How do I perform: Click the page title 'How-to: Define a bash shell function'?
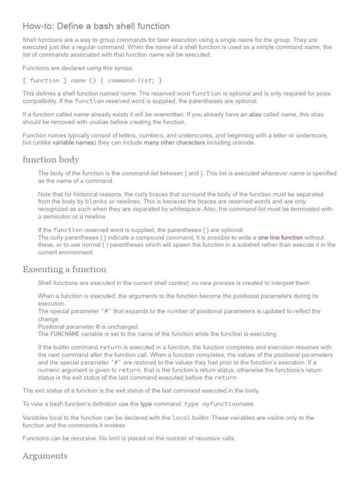tap(96, 26)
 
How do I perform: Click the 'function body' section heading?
tap(51, 160)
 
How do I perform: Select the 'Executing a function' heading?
tap(64, 270)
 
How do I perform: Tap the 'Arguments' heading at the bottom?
tap(45, 456)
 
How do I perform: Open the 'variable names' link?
tap(74, 142)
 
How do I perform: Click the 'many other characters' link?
tap(174, 142)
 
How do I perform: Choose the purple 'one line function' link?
tap(280, 238)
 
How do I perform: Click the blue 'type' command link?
tap(146, 404)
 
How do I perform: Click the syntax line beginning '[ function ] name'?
tap(92, 81)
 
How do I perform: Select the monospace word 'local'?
tap(181, 418)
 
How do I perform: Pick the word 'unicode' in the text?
tap(245, 142)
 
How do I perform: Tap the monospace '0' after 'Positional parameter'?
tap(97, 327)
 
